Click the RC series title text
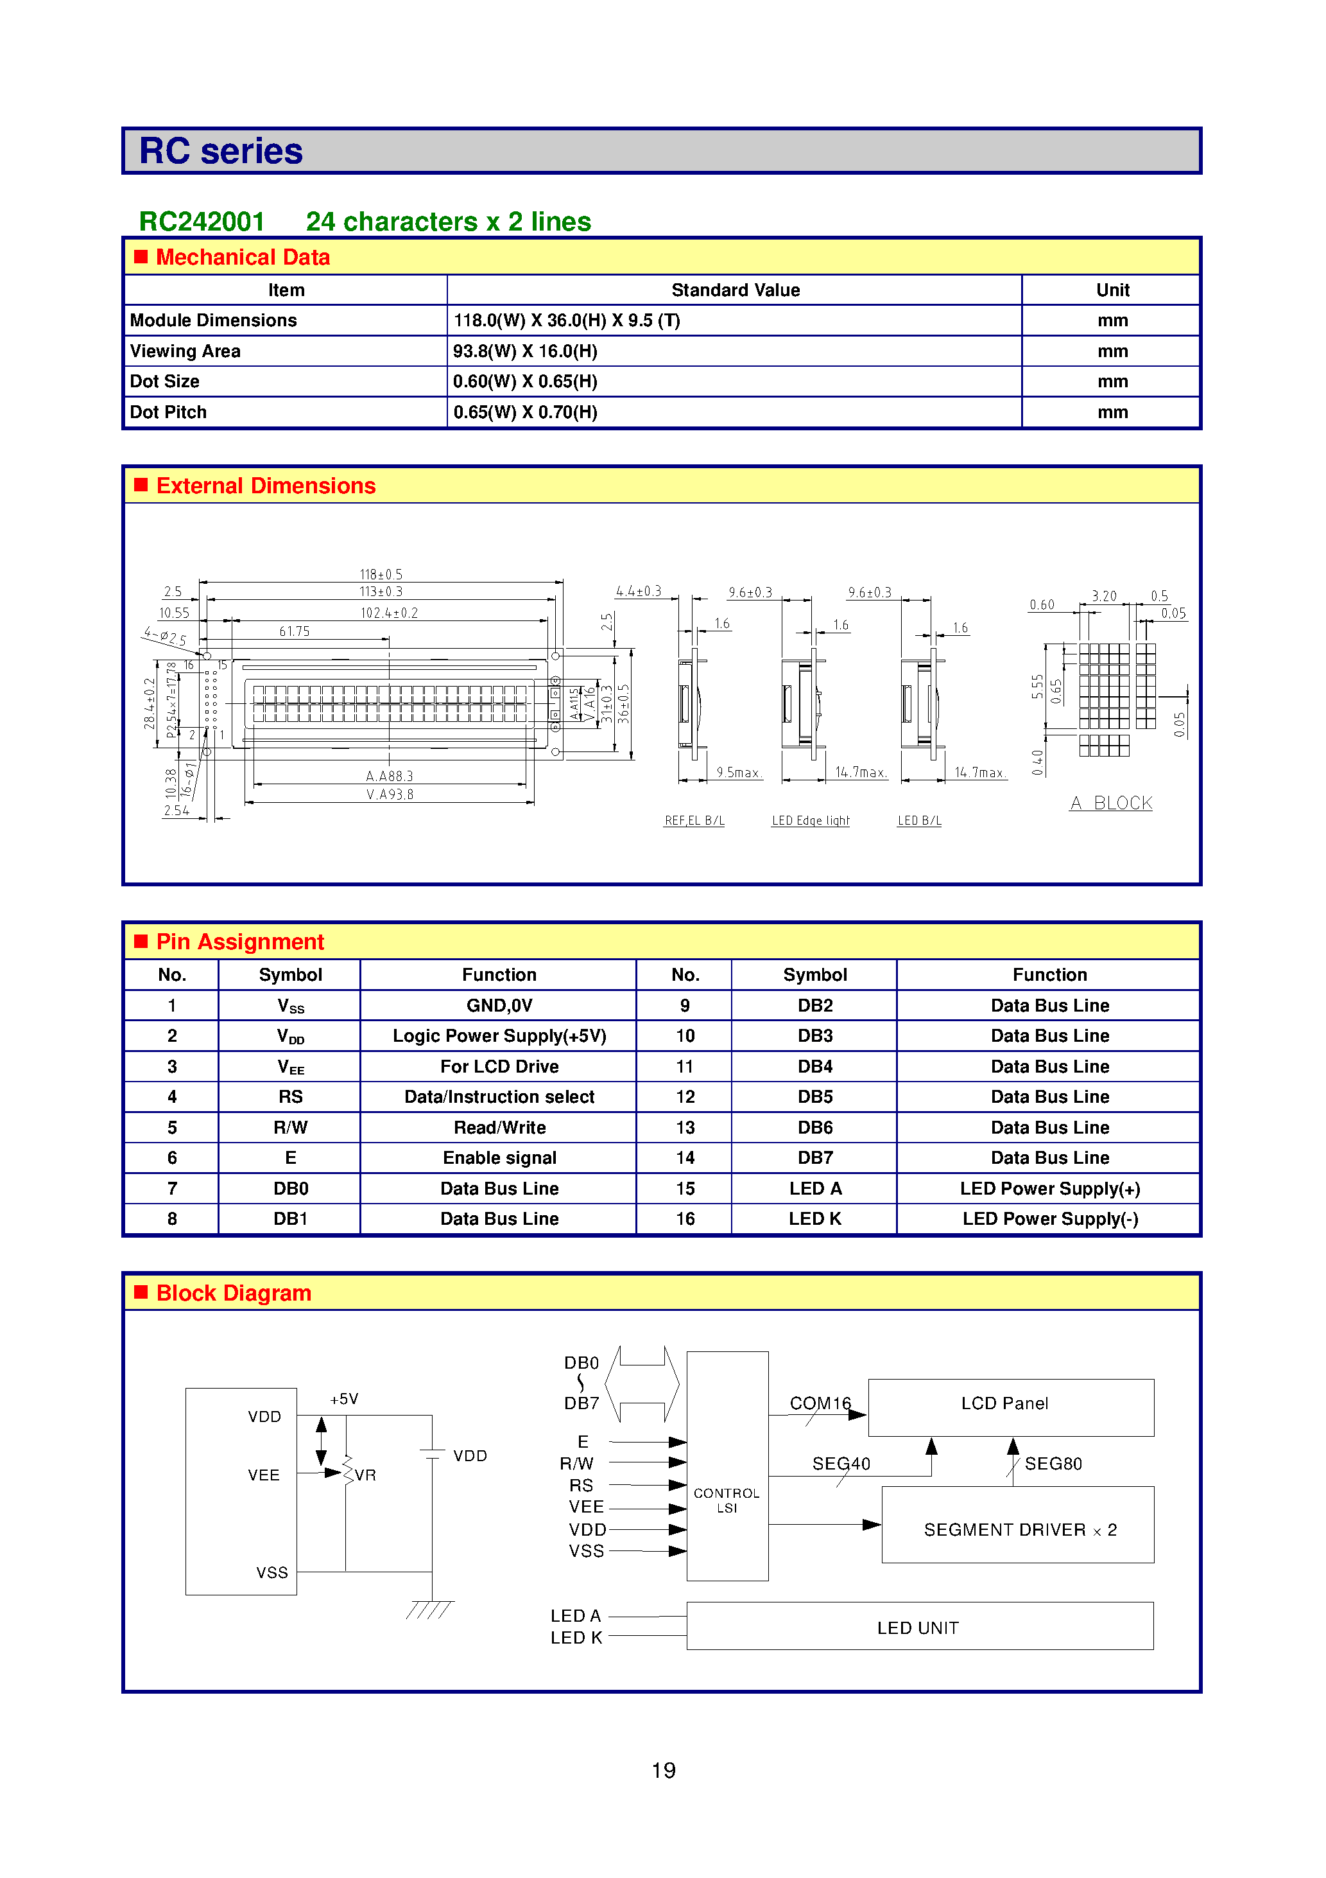coord(221,152)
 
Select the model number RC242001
coord(202,222)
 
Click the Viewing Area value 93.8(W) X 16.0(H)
coord(525,351)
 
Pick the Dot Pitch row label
coord(168,412)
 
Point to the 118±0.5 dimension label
coord(381,574)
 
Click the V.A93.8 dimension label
coord(390,794)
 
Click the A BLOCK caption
coord(1111,803)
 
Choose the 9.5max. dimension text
coord(738,772)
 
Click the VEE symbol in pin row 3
coord(290,1067)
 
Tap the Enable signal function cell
coord(499,1158)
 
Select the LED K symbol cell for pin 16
coord(814,1219)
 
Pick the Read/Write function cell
coord(499,1128)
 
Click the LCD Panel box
coord(1010,1407)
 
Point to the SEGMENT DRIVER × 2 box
coord(1018,1525)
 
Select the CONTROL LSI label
coord(727,1500)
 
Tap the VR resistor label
coord(365,1475)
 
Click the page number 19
coord(663,1771)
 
